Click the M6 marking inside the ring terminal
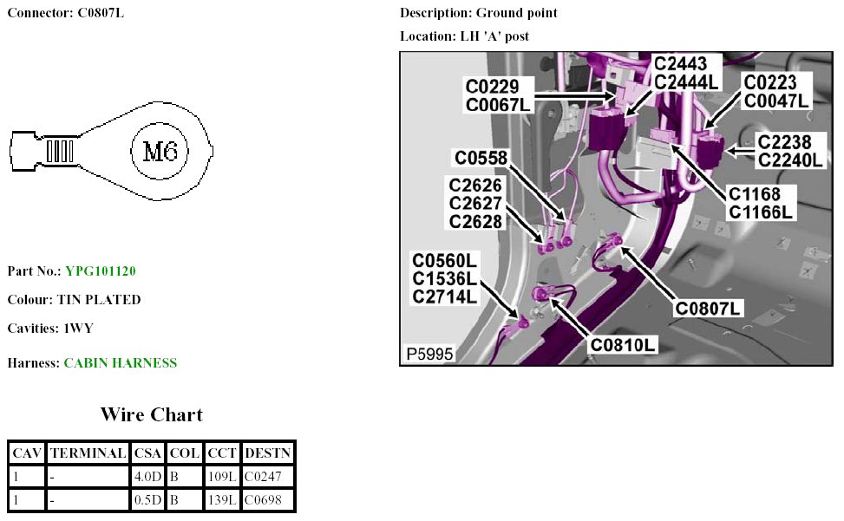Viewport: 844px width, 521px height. (x=160, y=153)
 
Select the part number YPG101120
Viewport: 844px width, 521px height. (x=100, y=271)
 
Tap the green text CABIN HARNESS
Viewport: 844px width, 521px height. (x=120, y=363)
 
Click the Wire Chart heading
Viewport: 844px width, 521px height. (x=151, y=414)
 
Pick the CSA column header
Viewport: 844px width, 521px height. (x=147, y=453)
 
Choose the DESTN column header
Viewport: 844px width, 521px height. (x=267, y=453)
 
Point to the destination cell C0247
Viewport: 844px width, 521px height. (x=264, y=476)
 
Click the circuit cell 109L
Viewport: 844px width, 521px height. (x=221, y=476)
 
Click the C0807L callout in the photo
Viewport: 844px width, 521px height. (x=709, y=308)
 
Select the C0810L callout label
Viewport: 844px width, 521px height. (x=623, y=344)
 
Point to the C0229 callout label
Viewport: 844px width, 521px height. (x=493, y=87)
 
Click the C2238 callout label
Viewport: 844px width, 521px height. (x=784, y=142)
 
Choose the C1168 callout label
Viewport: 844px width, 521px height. (x=755, y=193)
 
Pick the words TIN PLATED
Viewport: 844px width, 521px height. (x=99, y=300)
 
